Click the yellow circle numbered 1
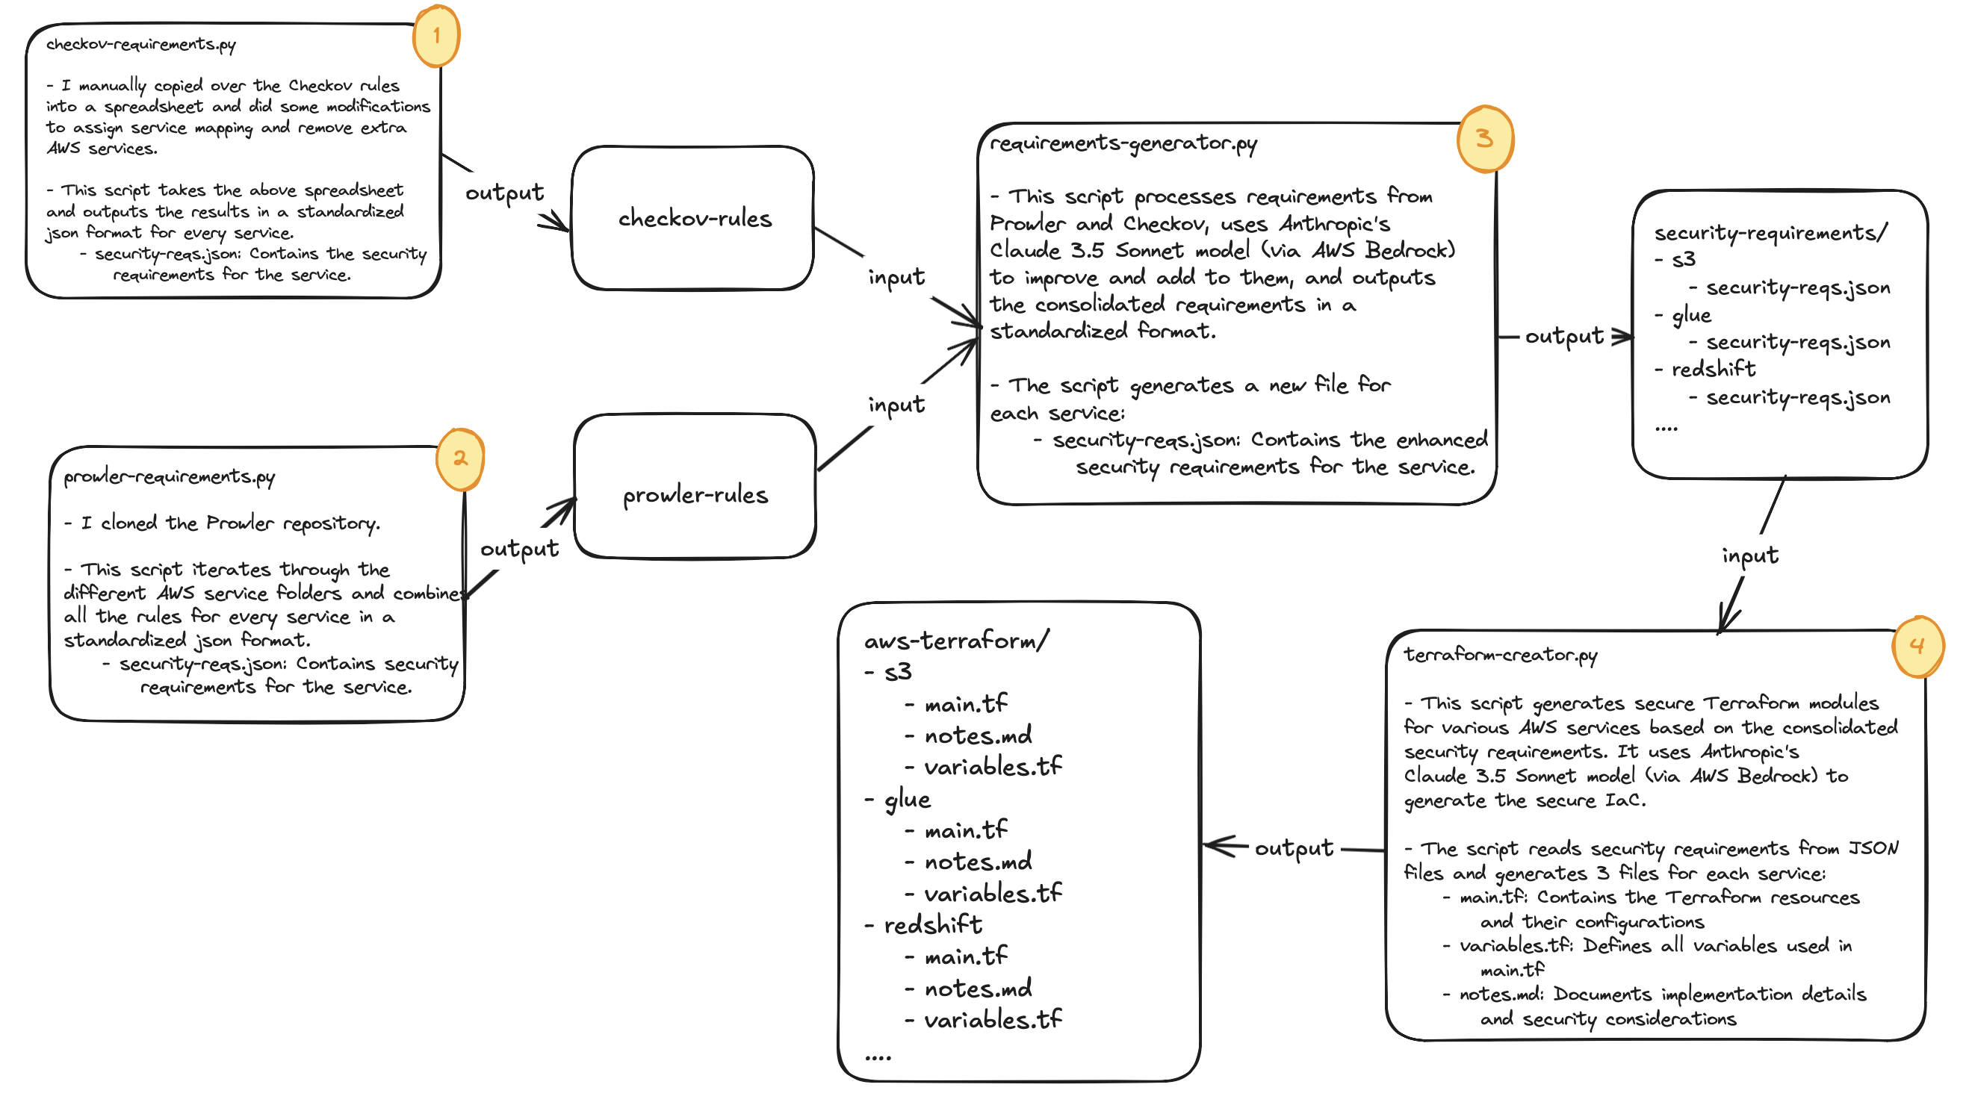click(435, 36)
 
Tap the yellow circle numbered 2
click(459, 458)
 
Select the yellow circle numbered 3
click(1484, 138)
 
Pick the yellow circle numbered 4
click(1916, 647)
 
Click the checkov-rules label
click(694, 220)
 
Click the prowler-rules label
click(695, 496)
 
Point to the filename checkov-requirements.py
click(140, 44)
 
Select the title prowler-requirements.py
click(169, 477)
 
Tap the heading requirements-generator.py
click(1123, 143)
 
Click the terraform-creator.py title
click(1500, 655)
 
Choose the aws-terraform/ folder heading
click(956, 641)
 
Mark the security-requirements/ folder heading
click(1770, 232)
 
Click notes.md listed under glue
click(978, 862)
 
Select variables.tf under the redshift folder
click(992, 1020)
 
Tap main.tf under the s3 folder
click(965, 704)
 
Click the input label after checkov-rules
click(896, 276)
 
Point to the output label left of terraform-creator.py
click(1293, 848)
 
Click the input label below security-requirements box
click(1749, 555)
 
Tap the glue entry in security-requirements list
click(1691, 315)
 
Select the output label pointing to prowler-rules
click(519, 549)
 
